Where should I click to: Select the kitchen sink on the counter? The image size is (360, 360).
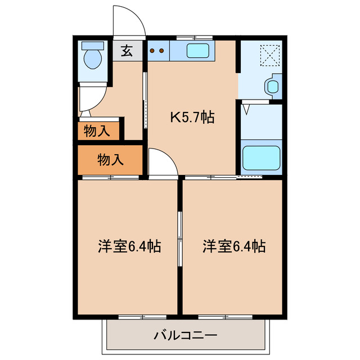199,50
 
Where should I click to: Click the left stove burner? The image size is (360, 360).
152,51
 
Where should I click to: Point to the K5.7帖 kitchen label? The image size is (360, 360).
192,118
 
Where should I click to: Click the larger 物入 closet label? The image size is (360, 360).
110,160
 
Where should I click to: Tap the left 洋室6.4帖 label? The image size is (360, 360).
129,246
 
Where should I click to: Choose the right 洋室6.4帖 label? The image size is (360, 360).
234,246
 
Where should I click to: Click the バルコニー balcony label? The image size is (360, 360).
185,336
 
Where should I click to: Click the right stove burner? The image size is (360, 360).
162,51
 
